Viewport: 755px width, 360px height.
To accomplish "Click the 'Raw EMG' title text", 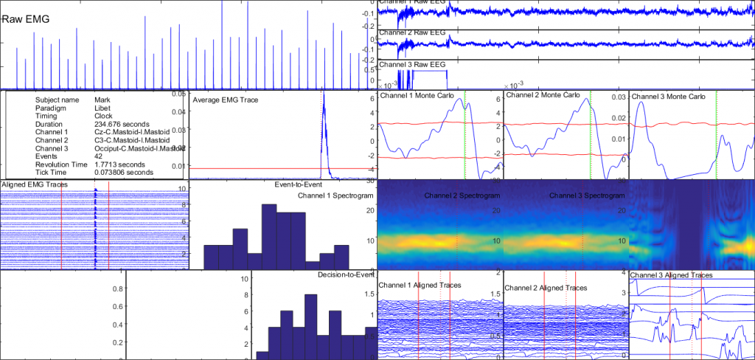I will [26, 20].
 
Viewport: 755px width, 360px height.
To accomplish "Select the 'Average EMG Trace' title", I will [225, 99].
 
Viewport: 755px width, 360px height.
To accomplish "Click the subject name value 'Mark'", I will [103, 99].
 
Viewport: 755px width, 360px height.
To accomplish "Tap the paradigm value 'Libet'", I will [104, 107].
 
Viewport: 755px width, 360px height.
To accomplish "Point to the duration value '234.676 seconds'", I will [122, 124].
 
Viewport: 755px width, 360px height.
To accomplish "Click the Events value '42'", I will [99, 156].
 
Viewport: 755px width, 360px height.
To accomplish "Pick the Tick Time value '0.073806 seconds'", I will [124, 172].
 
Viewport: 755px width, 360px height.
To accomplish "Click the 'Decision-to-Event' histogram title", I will [346, 274].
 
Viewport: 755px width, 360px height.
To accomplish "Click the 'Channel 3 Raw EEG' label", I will [412, 64].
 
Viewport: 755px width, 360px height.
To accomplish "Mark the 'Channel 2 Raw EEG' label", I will [412, 33].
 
